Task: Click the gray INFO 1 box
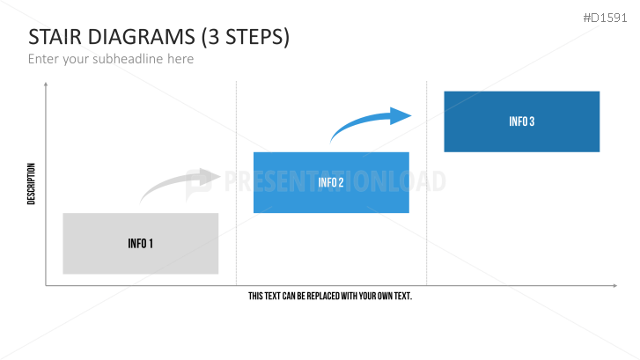click(x=140, y=243)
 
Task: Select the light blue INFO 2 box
click(x=331, y=182)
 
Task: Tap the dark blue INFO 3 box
click(x=522, y=121)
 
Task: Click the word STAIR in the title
click(x=55, y=37)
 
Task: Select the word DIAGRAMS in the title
click(x=141, y=37)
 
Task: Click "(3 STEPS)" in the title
click(x=246, y=37)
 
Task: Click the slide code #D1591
click(x=605, y=18)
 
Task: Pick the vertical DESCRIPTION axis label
click(x=31, y=184)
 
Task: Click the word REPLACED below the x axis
click(x=323, y=296)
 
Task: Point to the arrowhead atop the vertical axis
click(x=46, y=84)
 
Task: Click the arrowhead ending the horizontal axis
click(x=614, y=286)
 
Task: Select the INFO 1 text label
click(x=140, y=244)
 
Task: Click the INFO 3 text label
click(x=522, y=121)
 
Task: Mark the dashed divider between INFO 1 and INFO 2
click(x=236, y=183)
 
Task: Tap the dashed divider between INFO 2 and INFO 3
click(x=427, y=183)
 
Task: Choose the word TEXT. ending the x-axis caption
click(x=403, y=296)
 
